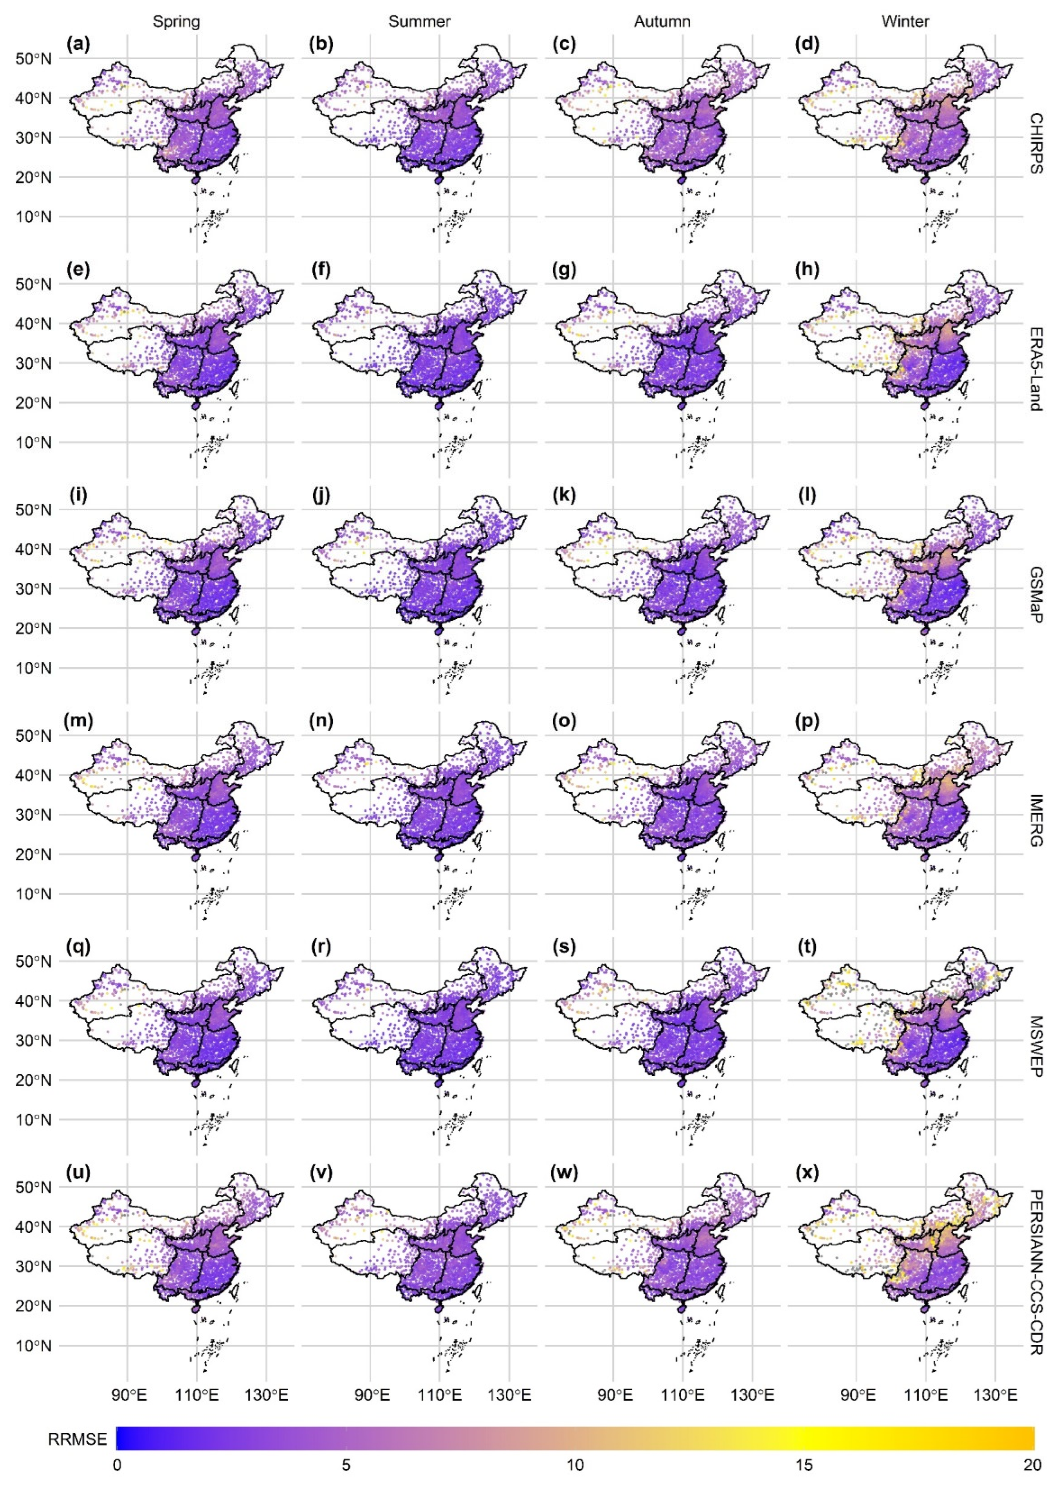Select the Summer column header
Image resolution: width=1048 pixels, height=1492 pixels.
click(x=419, y=22)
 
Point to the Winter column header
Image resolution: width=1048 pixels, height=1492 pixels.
click(x=905, y=22)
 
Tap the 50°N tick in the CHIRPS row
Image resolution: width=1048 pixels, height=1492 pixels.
click(x=32, y=59)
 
